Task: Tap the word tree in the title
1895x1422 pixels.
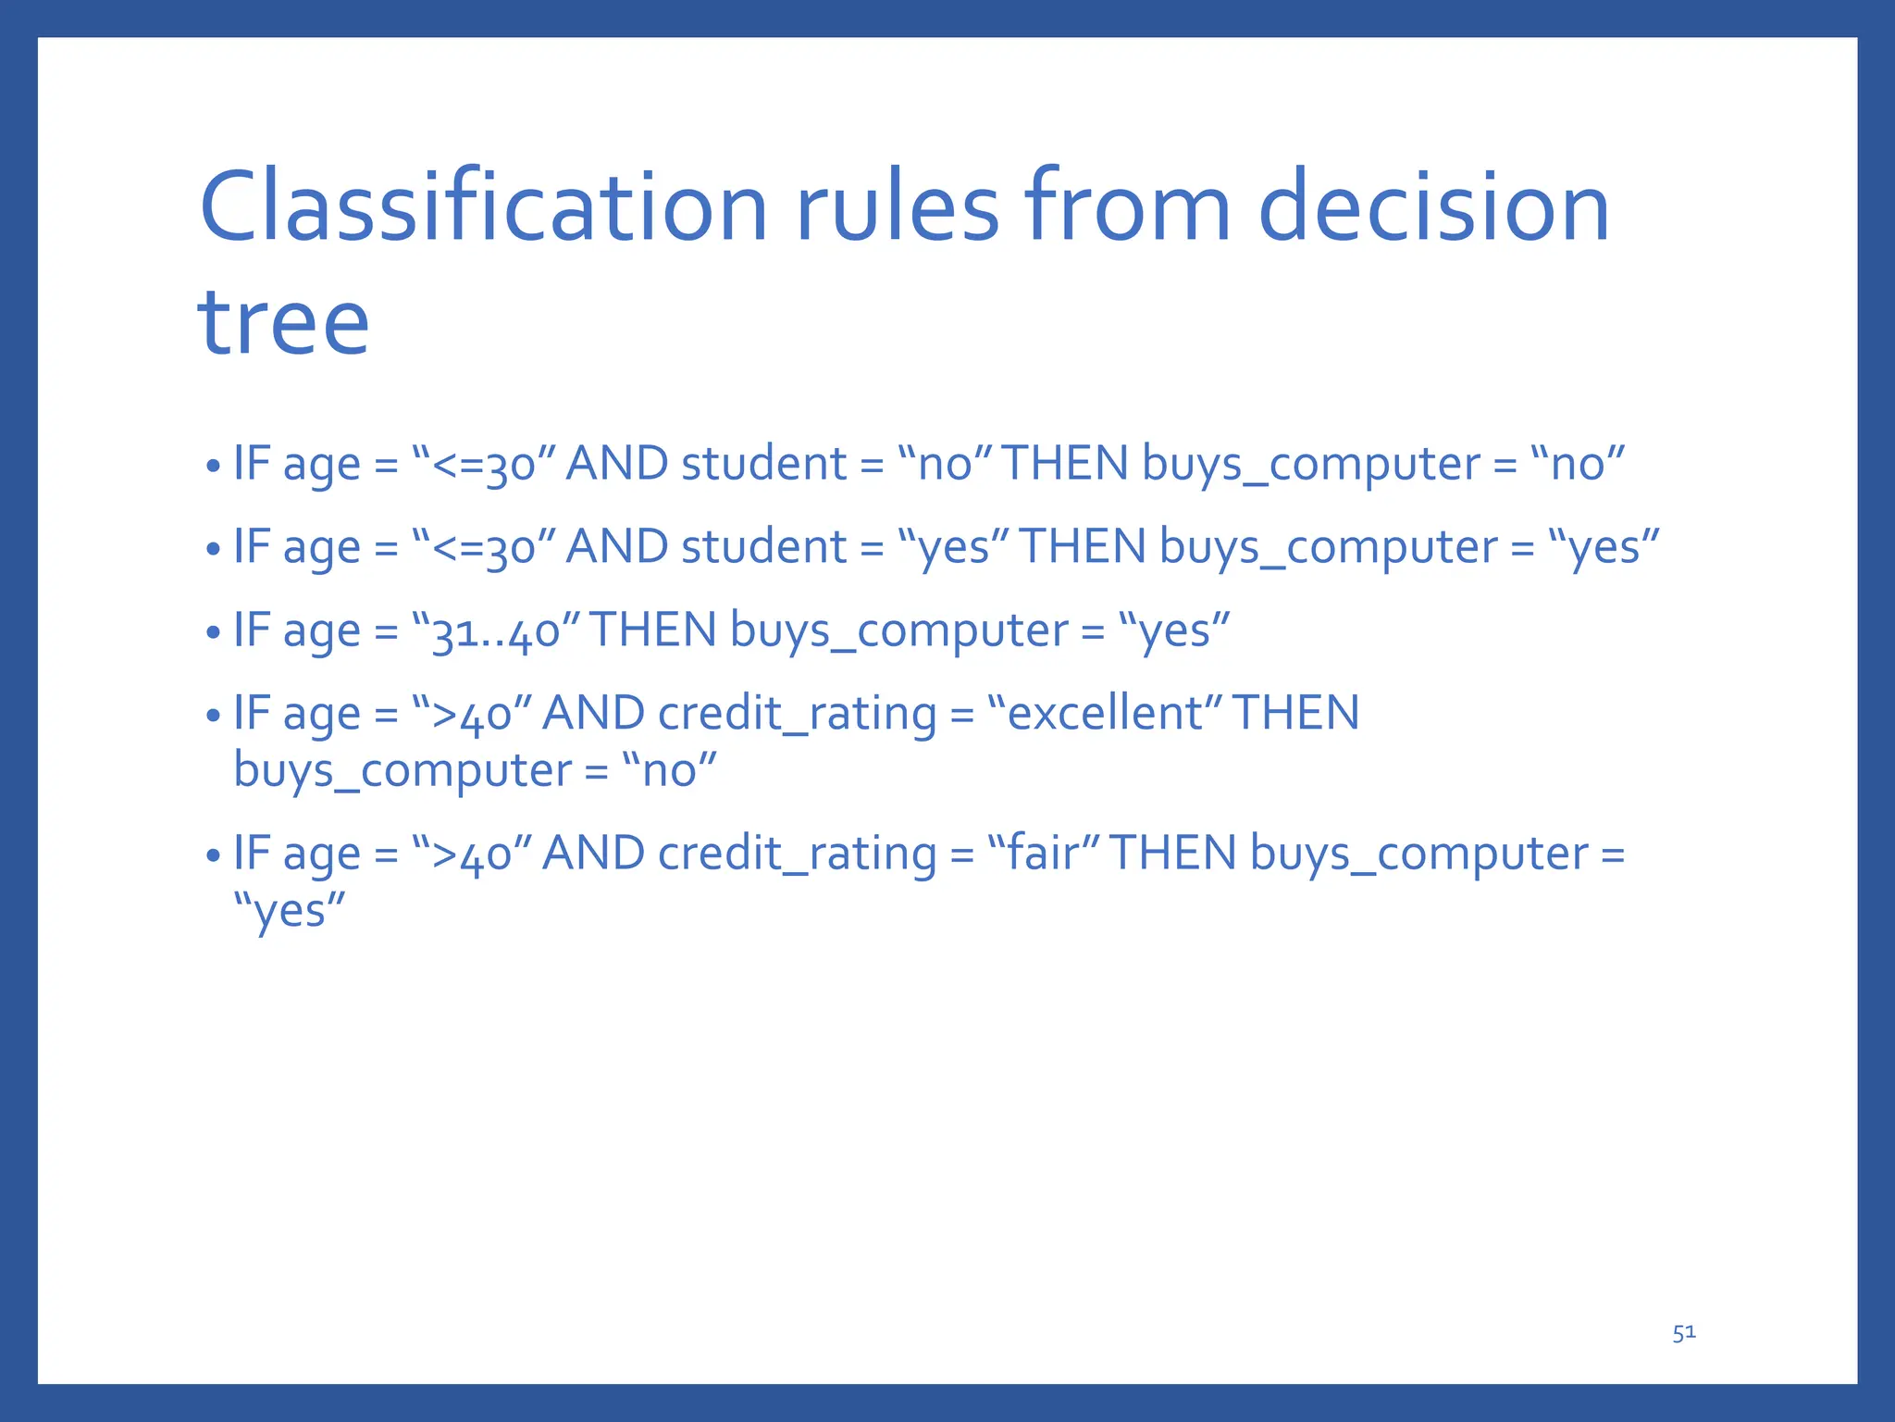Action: coord(283,321)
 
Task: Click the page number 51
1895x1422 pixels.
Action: coord(1684,1332)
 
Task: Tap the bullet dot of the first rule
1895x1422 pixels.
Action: coord(214,467)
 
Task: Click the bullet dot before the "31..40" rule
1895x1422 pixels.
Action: coord(214,634)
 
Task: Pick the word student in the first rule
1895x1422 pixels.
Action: coord(763,464)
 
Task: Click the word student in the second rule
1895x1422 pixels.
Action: coord(763,547)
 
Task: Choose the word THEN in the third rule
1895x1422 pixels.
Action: coord(653,630)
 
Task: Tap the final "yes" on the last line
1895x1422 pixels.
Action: coord(290,911)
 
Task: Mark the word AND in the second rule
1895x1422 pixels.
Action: coord(616,547)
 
